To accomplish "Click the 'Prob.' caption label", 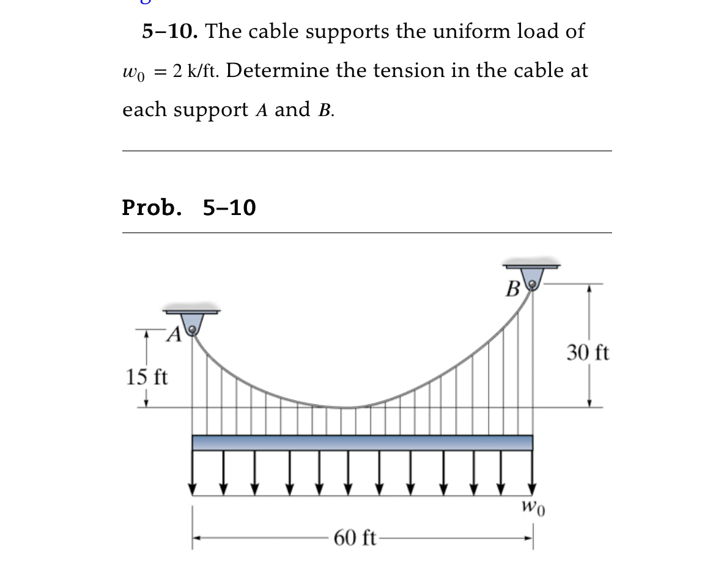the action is [152, 208].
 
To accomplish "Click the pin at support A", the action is [193, 330].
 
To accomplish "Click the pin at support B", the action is [533, 284].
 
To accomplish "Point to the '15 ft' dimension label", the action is [147, 376].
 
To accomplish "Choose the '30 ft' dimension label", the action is [588, 353].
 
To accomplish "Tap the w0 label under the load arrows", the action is [533, 506].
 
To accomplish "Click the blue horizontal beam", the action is [362, 442].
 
